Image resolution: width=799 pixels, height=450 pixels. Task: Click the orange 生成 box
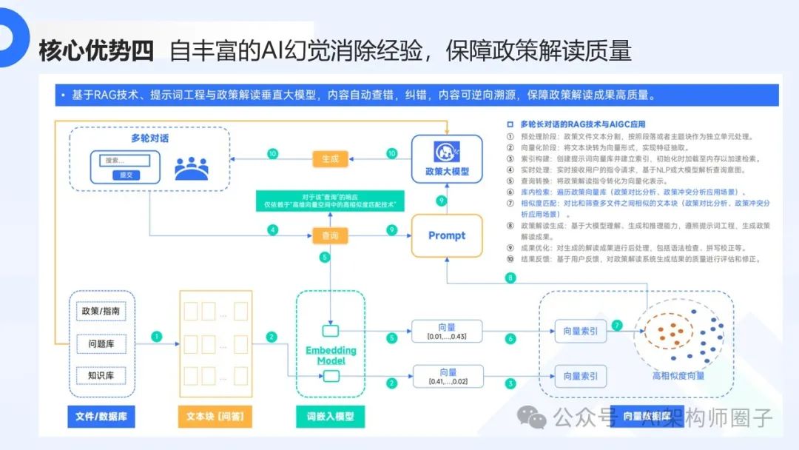point(331,158)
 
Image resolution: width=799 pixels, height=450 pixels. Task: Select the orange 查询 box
point(330,235)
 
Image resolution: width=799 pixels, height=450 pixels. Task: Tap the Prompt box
point(447,235)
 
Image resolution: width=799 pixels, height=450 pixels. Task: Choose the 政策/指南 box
point(101,311)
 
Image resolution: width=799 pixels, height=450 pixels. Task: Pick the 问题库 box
point(101,343)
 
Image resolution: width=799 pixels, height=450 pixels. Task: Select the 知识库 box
point(101,375)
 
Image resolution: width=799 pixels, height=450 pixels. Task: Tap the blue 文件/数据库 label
point(101,417)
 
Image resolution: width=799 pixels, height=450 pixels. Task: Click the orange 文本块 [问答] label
point(215,417)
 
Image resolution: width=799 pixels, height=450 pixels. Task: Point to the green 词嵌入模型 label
point(330,417)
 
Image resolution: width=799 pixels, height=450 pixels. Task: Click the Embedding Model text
point(331,355)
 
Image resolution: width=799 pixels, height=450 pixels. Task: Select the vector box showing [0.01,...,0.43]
point(448,331)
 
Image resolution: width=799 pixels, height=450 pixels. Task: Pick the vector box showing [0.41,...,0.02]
point(448,376)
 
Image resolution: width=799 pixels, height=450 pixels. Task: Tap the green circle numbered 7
point(618,325)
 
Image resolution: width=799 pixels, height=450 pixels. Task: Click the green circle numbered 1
point(156,337)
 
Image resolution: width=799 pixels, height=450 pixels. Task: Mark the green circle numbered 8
point(510,278)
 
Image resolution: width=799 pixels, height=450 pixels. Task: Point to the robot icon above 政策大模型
point(447,152)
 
